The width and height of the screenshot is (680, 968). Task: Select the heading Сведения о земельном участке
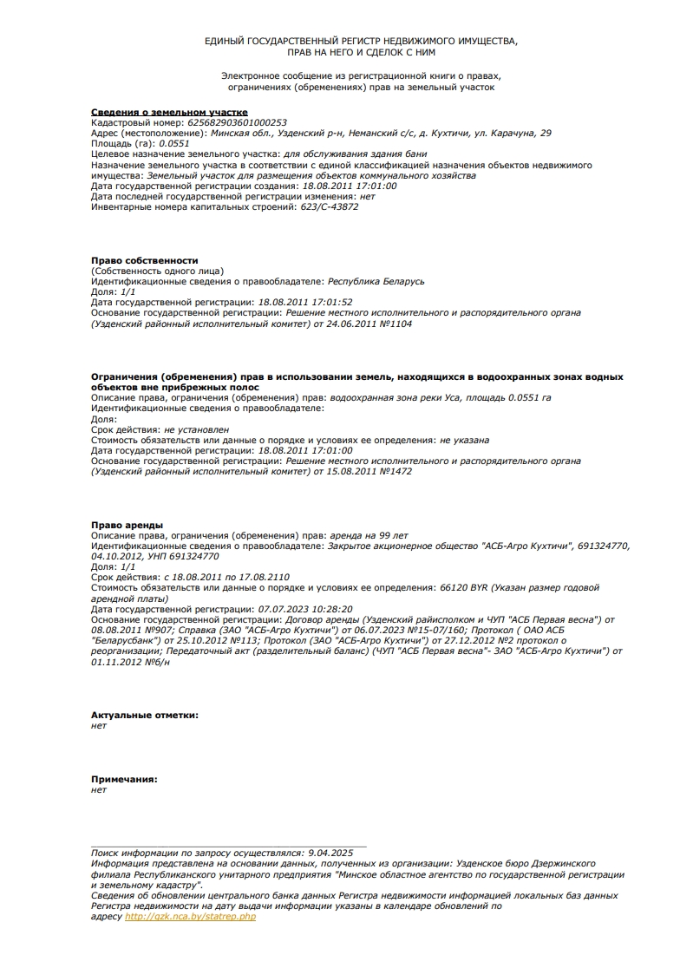coord(169,113)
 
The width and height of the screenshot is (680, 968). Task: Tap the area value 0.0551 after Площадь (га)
coord(173,144)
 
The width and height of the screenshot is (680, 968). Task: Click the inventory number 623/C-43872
coord(329,207)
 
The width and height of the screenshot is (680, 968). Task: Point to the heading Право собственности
coord(145,260)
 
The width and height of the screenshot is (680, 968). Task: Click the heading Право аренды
coord(127,525)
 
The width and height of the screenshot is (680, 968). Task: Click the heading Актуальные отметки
coord(144,715)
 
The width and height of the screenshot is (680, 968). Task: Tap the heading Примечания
coord(124,779)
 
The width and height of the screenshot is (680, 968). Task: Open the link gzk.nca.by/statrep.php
coord(191,916)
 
